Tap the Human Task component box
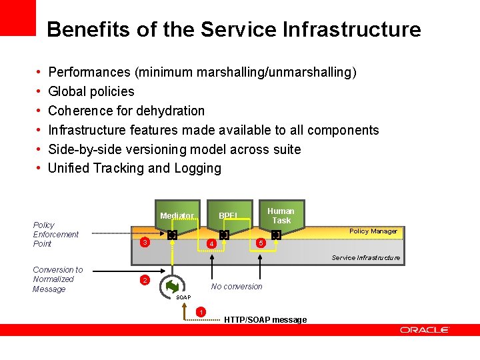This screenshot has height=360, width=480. tap(281, 215)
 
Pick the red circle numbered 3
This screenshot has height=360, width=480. tap(144, 242)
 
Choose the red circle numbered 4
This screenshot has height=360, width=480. tap(211, 245)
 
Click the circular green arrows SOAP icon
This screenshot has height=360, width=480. tap(173, 286)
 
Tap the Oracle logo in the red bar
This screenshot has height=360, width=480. tap(425, 330)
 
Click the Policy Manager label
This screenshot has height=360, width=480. tap(373, 231)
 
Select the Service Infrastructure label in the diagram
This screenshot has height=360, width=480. tap(366, 257)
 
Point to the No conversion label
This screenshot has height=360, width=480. tap(237, 287)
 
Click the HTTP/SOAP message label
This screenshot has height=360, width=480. tap(265, 320)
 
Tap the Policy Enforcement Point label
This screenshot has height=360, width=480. tap(56, 235)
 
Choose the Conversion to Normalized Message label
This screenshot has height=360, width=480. tap(57, 279)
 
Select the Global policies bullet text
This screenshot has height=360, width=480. tap(91, 91)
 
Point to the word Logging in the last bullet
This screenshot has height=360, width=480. tap(197, 168)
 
